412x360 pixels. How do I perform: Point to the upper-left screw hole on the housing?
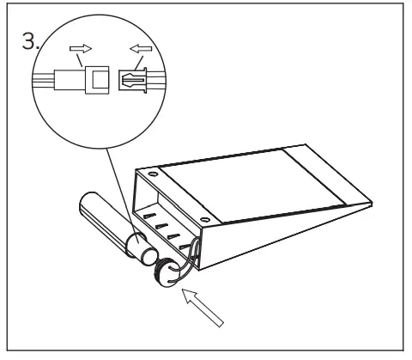(153, 174)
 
